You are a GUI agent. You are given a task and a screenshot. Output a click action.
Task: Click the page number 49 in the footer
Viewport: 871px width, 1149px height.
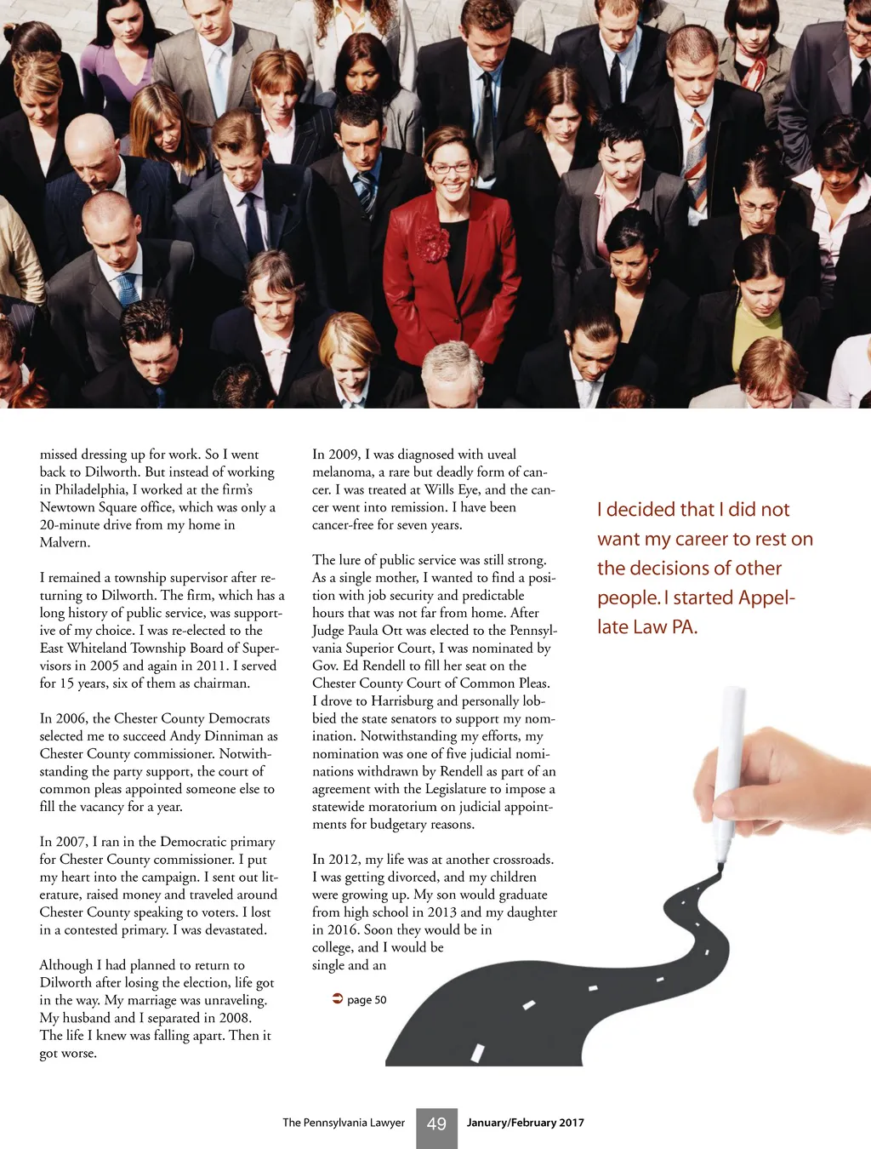436,1124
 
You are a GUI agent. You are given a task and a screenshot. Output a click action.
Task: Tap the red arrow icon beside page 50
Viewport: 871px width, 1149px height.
337,998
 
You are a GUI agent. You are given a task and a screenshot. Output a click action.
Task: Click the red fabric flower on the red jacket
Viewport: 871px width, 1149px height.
432,243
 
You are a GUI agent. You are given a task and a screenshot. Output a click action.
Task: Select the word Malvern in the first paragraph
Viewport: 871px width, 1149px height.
64,542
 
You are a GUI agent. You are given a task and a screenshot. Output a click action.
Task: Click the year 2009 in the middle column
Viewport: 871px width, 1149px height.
343,454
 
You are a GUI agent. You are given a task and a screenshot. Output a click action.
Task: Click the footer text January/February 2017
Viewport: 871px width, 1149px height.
525,1123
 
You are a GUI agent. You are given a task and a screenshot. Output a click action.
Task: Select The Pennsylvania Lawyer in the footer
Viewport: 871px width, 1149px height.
344,1123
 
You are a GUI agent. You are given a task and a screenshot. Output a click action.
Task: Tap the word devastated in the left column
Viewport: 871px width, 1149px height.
232,929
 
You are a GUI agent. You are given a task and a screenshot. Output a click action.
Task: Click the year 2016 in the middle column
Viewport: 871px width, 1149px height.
342,929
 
